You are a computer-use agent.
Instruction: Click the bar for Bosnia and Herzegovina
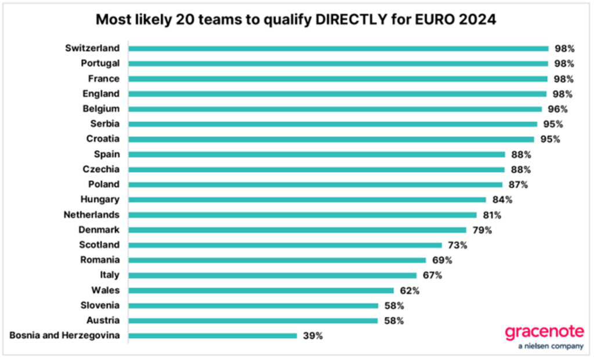tap(212, 335)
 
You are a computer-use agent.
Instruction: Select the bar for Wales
tap(261, 290)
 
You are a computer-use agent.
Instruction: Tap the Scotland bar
tap(285, 245)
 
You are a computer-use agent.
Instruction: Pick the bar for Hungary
tap(307, 199)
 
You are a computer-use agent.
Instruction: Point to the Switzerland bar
tap(338, 49)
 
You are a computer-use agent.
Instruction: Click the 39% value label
tap(313, 335)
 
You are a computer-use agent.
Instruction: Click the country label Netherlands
tap(91, 214)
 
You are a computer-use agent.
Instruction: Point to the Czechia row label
tap(100, 169)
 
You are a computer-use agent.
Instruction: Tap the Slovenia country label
tap(100, 305)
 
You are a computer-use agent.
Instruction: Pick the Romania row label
tap(100, 260)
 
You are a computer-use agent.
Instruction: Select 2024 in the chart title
tap(478, 20)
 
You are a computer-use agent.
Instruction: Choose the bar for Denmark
tap(297, 230)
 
